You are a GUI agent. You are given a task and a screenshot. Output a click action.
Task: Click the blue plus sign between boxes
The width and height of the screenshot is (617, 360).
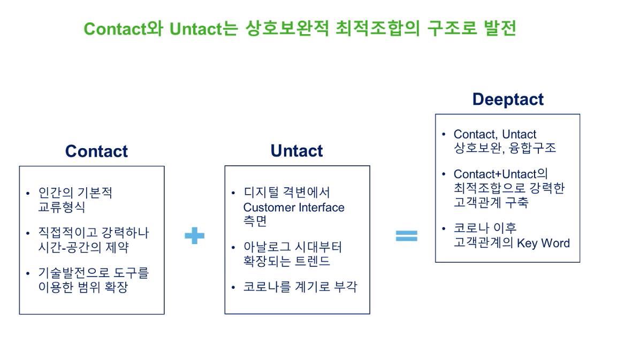pos(194,235)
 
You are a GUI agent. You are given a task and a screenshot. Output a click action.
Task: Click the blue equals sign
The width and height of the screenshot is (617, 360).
pos(406,235)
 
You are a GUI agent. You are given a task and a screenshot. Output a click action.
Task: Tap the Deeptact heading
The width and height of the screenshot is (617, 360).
pos(507,99)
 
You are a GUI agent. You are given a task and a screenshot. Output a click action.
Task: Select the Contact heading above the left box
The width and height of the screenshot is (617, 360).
pos(96,151)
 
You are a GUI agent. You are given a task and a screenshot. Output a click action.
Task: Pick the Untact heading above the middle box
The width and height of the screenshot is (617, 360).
pos(296,151)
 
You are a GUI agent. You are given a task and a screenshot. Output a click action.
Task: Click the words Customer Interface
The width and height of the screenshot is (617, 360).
pos(294,208)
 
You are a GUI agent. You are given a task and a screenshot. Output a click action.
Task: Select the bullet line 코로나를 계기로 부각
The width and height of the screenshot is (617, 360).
pos(300,287)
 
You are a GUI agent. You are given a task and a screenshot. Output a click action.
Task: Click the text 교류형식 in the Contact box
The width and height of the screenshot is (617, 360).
pos(62,207)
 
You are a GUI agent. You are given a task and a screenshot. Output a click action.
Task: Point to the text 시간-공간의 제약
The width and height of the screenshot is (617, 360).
pos(83,248)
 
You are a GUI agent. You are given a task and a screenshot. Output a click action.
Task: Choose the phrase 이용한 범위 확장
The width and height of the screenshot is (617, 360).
pos(83,287)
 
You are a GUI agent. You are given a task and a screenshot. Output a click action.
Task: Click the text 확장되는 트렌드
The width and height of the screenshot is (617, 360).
pos(286,261)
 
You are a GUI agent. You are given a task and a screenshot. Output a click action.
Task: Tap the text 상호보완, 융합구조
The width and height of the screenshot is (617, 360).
pos(505,148)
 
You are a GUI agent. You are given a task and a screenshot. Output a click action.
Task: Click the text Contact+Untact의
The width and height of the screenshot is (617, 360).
pos(501,174)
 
